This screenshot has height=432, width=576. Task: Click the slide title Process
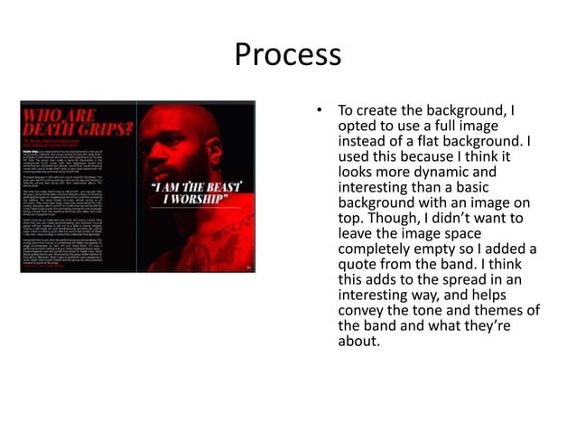click(288, 56)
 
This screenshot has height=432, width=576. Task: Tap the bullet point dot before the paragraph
click(318, 112)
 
